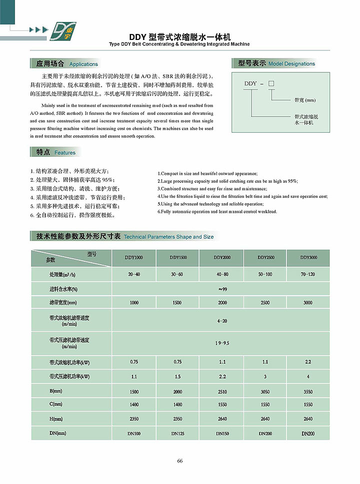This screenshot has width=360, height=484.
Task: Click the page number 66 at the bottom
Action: pyautogui.click(x=180, y=461)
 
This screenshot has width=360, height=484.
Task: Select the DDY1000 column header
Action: pyautogui.click(x=134, y=258)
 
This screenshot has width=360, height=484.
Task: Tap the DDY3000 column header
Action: pyautogui.click(x=308, y=257)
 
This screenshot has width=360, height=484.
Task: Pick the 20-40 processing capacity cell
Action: pyautogui.click(x=134, y=275)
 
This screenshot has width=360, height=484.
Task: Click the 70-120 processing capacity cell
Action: pyautogui.click(x=308, y=275)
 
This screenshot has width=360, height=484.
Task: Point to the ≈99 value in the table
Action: pyautogui.click(x=222, y=289)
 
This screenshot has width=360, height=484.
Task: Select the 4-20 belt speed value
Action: pyautogui.click(x=222, y=321)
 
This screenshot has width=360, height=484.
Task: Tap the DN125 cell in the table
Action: pyautogui.click(x=178, y=434)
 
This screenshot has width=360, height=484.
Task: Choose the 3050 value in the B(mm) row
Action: pyautogui.click(x=265, y=392)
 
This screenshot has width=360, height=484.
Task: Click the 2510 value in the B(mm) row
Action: pyautogui.click(x=222, y=392)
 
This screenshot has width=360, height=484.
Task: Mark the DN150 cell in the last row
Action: pyautogui.click(x=222, y=434)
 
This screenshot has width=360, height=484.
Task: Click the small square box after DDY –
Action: pyautogui.click(x=271, y=83)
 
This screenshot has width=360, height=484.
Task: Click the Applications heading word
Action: pyautogui.click(x=83, y=64)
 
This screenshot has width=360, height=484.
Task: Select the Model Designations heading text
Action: pyautogui.click(x=291, y=64)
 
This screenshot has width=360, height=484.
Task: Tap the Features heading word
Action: pyautogui.click(x=65, y=153)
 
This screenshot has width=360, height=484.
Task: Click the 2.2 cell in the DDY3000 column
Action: pyautogui.click(x=308, y=362)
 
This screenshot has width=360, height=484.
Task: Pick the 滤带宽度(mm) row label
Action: pyautogui.click(x=63, y=303)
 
